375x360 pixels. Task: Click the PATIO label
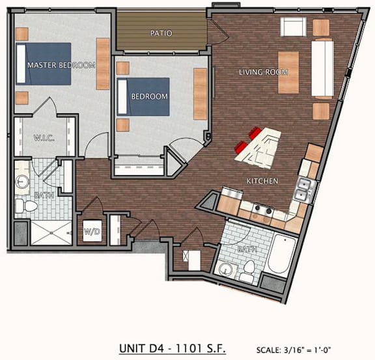click(x=161, y=33)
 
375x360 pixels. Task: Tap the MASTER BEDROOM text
click(x=61, y=65)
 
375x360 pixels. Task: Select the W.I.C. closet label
click(x=44, y=138)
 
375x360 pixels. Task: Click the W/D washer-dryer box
click(x=92, y=231)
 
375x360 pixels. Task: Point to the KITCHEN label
click(x=262, y=181)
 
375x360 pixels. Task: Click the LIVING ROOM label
click(x=263, y=72)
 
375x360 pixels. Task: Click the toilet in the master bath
click(x=26, y=206)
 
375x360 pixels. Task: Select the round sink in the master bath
click(x=22, y=182)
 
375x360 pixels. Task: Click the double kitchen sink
click(x=303, y=190)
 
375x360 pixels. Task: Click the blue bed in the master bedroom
click(x=44, y=64)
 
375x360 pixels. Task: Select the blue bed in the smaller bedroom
click(x=143, y=96)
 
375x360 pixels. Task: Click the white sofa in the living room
click(x=322, y=68)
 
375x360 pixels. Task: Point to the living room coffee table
click(x=288, y=72)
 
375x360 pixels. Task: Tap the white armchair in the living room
click(x=293, y=27)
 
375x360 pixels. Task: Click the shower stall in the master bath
click(x=51, y=233)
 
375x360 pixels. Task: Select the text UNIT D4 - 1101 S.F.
click(x=172, y=348)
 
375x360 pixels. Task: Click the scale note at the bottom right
click(x=294, y=350)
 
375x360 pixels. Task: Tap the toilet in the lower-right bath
click(x=248, y=271)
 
